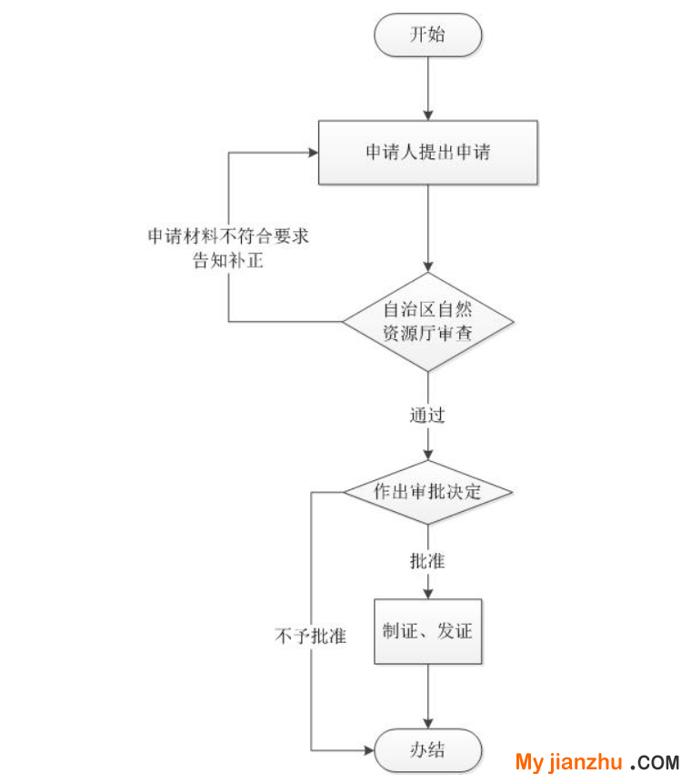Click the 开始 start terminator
click(x=428, y=35)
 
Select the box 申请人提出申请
click(x=428, y=153)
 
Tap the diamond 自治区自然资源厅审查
click(x=428, y=322)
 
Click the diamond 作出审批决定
click(x=428, y=492)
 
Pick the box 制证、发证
click(x=428, y=630)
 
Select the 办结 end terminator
click(x=428, y=750)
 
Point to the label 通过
click(x=427, y=417)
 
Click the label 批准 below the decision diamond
click(x=427, y=561)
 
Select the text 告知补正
click(x=228, y=259)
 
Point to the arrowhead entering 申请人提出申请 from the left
click(x=311, y=153)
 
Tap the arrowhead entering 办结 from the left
click(x=369, y=750)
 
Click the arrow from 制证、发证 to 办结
click(x=428, y=696)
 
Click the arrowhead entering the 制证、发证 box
click(x=428, y=591)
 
